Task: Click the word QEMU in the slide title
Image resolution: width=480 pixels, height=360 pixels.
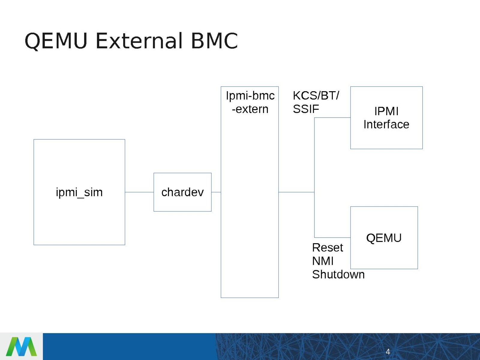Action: tap(56, 41)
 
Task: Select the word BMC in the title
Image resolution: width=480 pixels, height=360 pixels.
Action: tap(214, 41)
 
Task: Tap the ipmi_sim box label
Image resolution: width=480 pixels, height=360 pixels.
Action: tap(79, 192)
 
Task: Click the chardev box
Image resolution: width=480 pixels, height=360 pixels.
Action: tap(182, 192)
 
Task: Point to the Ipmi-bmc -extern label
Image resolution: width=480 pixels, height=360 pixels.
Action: tap(250, 102)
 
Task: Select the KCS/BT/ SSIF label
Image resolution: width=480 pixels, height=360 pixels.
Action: tap(316, 102)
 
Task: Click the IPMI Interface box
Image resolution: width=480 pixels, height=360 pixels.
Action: tap(386, 118)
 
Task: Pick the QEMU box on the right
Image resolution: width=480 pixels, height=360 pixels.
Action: tap(384, 238)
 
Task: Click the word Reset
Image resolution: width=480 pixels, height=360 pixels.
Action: tap(327, 248)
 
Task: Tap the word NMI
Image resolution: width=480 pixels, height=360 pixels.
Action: tap(323, 261)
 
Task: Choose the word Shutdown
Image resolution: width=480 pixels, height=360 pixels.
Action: tap(338, 274)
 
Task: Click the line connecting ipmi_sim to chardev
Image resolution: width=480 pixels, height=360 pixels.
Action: tap(139, 192)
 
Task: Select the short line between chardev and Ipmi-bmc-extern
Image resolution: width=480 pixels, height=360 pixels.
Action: tap(216, 192)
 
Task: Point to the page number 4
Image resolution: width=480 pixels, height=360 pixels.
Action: tap(388, 352)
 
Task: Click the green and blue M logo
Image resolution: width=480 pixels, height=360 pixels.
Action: tap(21, 346)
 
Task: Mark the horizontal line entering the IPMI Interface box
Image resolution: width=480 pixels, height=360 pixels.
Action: tap(332, 118)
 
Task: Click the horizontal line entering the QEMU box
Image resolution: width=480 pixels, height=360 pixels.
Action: tap(332, 237)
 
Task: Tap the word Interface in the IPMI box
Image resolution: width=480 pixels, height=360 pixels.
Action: tap(386, 124)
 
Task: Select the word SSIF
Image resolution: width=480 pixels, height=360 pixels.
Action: tap(306, 109)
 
